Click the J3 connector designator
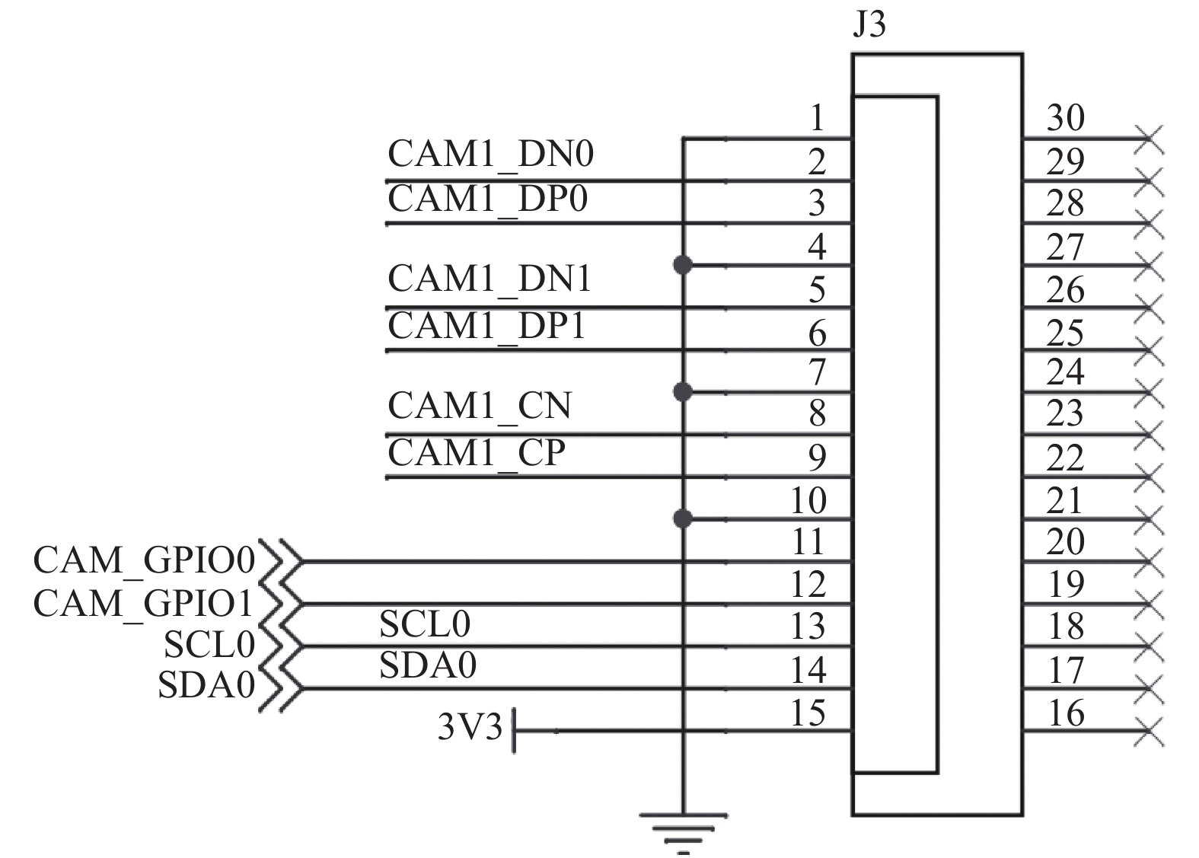click(x=869, y=24)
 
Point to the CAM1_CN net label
click(x=480, y=407)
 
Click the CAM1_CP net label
click(x=477, y=453)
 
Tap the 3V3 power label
click(x=470, y=727)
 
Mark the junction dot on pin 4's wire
click(x=683, y=265)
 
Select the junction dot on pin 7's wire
click(x=683, y=392)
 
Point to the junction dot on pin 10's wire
click(x=683, y=518)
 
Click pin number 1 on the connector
click(x=817, y=118)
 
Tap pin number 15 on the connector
click(x=808, y=713)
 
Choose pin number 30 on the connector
click(x=1065, y=118)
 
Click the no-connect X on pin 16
click(x=1149, y=731)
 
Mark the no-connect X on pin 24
click(x=1149, y=392)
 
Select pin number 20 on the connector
click(x=1065, y=541)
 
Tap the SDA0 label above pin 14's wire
click(x=428, y=665)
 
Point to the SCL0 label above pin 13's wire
click(x=425, y=624)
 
